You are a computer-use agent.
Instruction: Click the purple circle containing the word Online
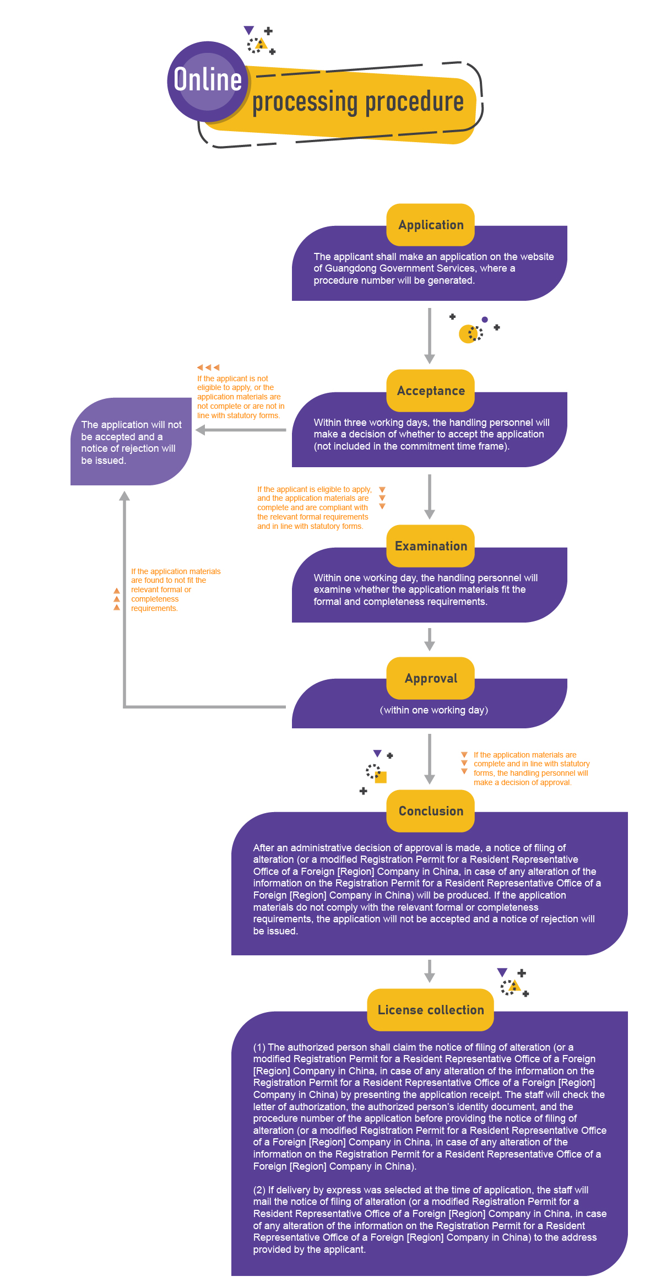pyautogui.click(x=208, y=82)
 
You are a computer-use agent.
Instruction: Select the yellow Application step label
pyautogui.click(x=431, y=225)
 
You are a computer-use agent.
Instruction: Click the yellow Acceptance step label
pyautogui.click(x=431, y=391)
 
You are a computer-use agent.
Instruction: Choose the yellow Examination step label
pyautogui.click(x=431, y=546)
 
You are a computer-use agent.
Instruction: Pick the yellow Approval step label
pyautogui.click(x=431, y=678)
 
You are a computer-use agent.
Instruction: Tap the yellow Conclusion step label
pyautogui.click(x=431, y=811)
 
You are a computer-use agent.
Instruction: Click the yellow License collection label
pyautogui.click(x=431, y=1010)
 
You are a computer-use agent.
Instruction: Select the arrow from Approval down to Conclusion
pyautogui.click(x=430, y=759)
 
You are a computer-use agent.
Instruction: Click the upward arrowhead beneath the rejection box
pyautogui.click(x=125, y=496)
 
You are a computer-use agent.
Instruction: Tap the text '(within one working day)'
pyautogui.click(x=434, y=710)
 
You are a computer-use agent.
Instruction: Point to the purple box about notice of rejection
pyautogui.click(x=131, y=442)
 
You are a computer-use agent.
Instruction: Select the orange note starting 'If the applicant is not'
pyautogui.click(x=241, y=397)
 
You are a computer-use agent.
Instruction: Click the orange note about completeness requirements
pyautogui.click(x=175, y=590)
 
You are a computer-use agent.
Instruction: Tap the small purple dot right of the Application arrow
pyautogui.click(x=485, y=320)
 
